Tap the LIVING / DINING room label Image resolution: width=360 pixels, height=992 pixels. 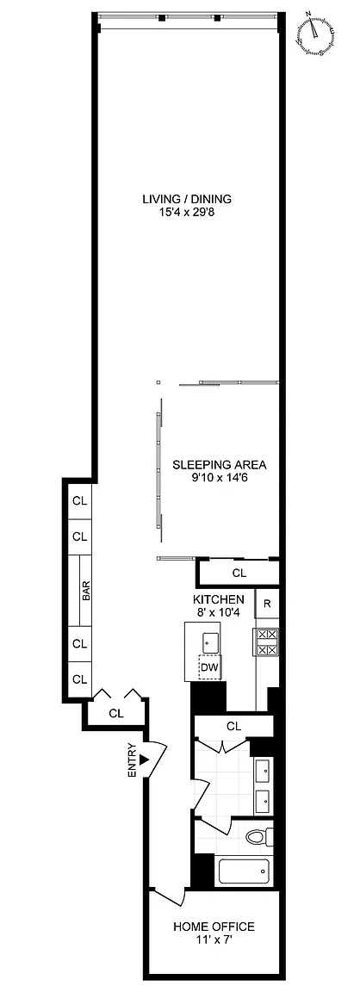coord(187,199)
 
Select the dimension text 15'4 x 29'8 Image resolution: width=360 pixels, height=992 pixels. coord(187,213)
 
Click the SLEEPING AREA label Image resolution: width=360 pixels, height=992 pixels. coord(220,465)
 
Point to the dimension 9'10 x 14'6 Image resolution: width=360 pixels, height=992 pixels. coord(220,478)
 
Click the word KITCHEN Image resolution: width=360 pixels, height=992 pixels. coord(219,599)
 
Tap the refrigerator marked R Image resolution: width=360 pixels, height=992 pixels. coord(267,604)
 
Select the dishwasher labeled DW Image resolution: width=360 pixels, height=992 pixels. coord(211,666)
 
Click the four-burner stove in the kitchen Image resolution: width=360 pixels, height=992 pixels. coord(266,642)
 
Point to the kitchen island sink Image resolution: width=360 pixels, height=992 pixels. coord(211,642)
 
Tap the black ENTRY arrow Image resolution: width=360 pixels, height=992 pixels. coord(144,759)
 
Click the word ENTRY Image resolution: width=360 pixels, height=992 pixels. coord(133,759)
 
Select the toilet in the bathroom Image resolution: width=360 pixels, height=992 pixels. coord(259,836)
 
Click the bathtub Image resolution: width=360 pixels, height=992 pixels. coord(245,871)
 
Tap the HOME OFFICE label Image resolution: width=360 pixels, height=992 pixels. coord(214,927)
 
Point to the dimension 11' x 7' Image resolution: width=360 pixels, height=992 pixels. coord(214,940)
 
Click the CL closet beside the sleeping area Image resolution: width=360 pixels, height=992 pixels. coord(239,573)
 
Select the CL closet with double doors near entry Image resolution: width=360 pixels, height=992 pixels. coord(115,713)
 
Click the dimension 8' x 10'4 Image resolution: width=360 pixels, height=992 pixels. coord(219,611)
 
